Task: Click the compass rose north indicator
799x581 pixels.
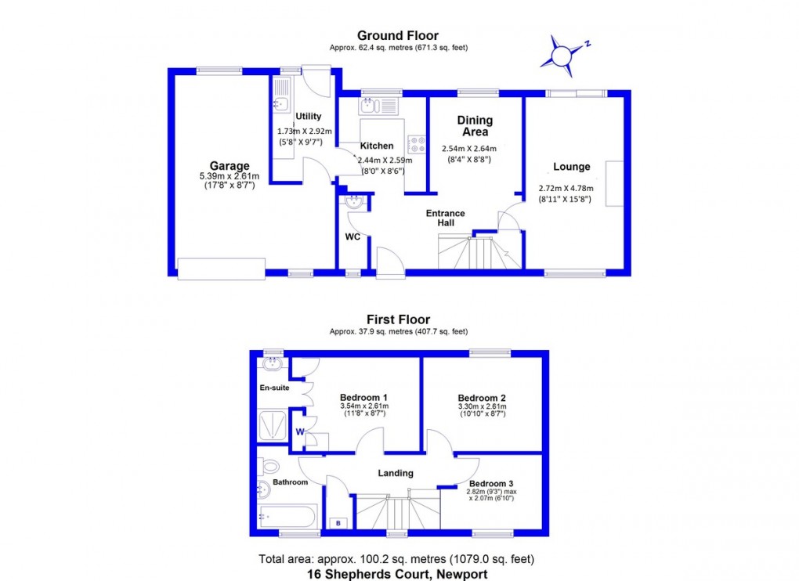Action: [562, 54]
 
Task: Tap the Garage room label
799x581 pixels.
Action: [230, 166]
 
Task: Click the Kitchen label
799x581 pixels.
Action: [377, 146]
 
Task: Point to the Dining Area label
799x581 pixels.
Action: [475, 126]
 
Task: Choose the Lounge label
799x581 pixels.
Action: [572, 167]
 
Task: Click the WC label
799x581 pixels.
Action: [352, 236]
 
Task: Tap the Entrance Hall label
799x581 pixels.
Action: [446, 218]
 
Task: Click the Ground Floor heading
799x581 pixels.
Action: [398, 35]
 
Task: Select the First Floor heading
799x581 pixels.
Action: [399, 319]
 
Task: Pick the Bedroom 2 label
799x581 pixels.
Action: [482, 396]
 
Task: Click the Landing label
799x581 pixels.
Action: [396, 473]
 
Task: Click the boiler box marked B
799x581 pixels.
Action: [338, 522]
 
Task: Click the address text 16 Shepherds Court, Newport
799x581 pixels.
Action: [399, 574]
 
